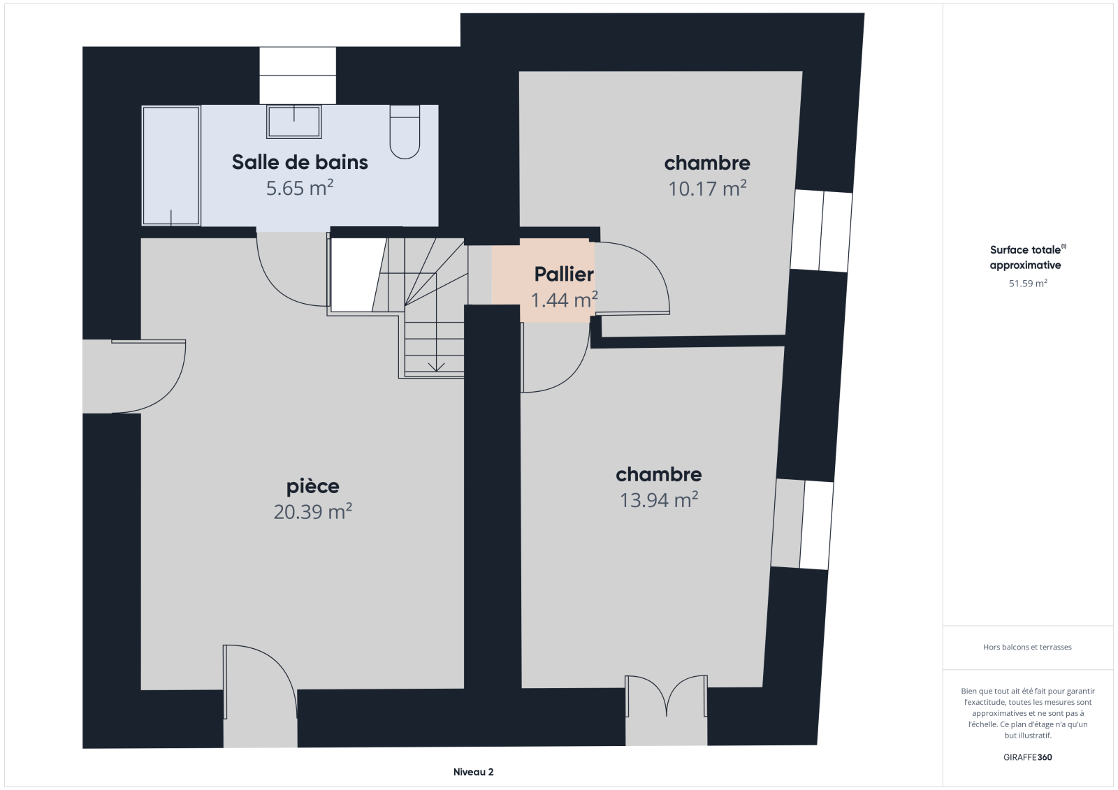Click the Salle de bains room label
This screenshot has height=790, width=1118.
click(300, 162)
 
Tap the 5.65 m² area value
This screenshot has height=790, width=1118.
click(300, 188)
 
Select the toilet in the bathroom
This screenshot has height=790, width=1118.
click(405, 132)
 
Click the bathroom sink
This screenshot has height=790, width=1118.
click(294, 122)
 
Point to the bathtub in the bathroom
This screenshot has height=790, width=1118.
click(171, 166)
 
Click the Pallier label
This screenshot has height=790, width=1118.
click(564, 274)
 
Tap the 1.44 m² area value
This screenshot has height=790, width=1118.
click(564, 300)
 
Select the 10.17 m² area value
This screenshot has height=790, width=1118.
click(707, 189)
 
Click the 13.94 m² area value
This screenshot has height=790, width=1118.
click(659, 500)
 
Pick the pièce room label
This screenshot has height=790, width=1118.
click(313, 486)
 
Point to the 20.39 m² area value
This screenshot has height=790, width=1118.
click(313, 512)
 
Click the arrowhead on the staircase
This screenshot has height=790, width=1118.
click(436, 367)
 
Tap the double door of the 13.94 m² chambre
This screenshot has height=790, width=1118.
click(667, 696)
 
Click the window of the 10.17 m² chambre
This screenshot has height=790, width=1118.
click(822, 231)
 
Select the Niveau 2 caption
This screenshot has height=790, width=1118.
click(473, 772)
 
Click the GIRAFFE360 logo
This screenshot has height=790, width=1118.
click(1028, 757)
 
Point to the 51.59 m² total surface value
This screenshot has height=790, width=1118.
click(1028, 284)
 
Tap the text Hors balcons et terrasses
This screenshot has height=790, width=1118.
click(1027, 647)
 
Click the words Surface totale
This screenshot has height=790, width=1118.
click(1025, 250)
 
